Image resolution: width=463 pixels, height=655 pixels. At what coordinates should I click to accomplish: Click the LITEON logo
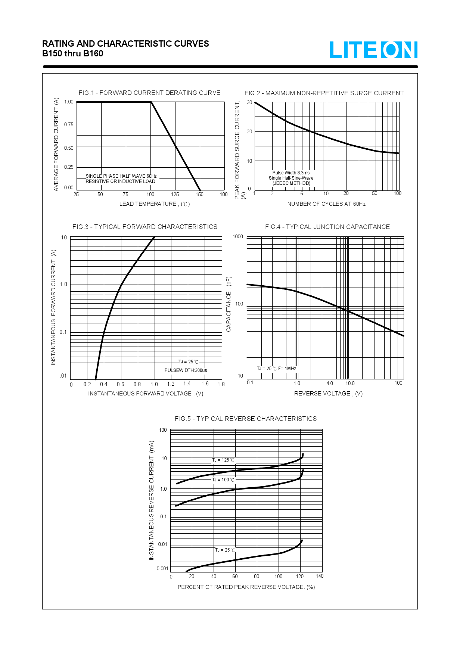373,50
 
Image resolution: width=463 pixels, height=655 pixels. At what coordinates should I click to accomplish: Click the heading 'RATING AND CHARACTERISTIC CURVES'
125,44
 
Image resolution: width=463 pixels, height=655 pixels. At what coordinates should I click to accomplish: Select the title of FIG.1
149,93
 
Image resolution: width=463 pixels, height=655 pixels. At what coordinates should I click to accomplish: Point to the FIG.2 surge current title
324,93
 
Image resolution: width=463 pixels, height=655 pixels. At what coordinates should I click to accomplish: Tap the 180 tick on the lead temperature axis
224,194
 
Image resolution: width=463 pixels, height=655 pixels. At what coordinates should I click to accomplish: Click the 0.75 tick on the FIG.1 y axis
69,124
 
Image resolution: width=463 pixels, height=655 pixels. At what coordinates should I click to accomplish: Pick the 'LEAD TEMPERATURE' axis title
155,204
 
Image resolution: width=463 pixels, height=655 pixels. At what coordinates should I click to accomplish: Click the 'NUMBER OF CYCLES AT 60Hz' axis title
326,204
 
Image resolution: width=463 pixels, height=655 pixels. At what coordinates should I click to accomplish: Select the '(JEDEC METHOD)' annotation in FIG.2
291,183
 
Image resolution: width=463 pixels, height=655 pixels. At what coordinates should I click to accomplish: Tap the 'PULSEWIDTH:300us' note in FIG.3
186,370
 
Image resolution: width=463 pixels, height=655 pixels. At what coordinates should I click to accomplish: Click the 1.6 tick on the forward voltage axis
205,384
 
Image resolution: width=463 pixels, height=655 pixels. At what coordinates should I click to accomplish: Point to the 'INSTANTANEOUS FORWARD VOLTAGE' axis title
146,394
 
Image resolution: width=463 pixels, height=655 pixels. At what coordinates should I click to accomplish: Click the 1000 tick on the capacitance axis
238,236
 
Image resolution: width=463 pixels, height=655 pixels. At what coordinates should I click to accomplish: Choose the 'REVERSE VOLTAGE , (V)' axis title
328,394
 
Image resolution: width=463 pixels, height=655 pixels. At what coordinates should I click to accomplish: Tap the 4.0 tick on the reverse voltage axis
330,383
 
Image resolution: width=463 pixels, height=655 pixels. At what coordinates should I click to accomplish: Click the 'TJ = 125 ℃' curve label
223,460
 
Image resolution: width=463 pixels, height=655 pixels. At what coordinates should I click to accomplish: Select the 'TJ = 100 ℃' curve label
223,480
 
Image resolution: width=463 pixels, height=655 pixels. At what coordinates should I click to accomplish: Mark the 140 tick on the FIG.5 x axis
320,576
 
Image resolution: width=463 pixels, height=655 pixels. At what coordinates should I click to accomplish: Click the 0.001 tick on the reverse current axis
162,568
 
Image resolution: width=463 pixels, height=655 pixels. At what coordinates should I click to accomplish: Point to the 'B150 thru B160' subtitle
73,53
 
